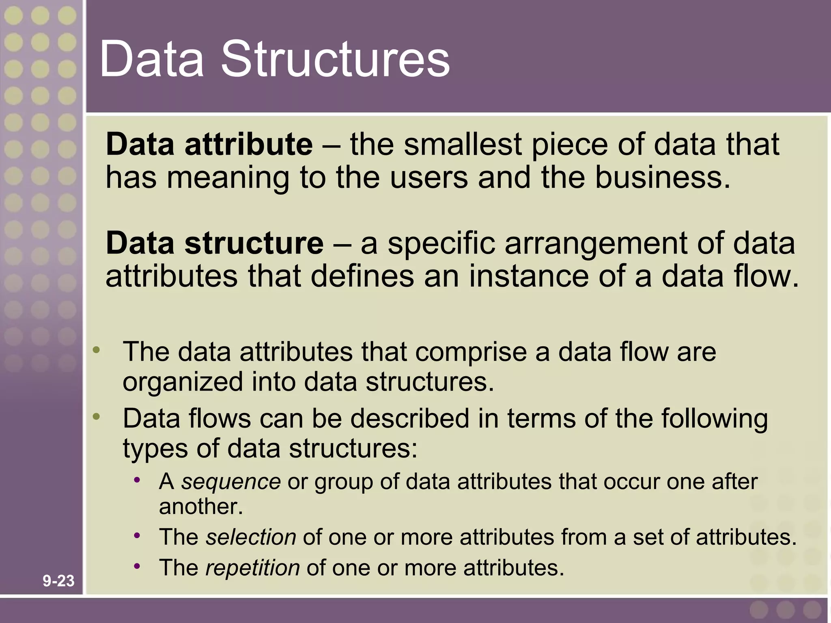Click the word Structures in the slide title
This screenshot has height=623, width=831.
[335, 59]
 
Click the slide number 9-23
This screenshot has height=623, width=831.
[58, 581]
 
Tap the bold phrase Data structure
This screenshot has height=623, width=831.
[214, 243]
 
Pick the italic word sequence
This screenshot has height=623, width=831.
[231, 481]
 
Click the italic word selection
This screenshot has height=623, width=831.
[251, 537]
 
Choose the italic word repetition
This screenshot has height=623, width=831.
[252, 567]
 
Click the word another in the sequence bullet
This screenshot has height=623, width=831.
[200, 507]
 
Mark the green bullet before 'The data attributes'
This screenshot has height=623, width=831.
[96, 350]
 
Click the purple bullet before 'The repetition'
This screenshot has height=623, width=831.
[137, 566]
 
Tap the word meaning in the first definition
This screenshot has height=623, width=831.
[228, 178]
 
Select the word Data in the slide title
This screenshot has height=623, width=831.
[151, 59]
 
